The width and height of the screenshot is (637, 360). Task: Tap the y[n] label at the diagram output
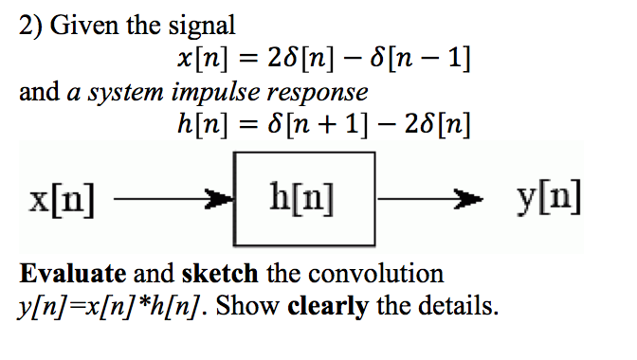click(x=550, y=199)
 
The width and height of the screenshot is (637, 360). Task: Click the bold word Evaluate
click(x=73, y=275)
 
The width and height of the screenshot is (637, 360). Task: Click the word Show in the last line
click(x=254, y=307)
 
